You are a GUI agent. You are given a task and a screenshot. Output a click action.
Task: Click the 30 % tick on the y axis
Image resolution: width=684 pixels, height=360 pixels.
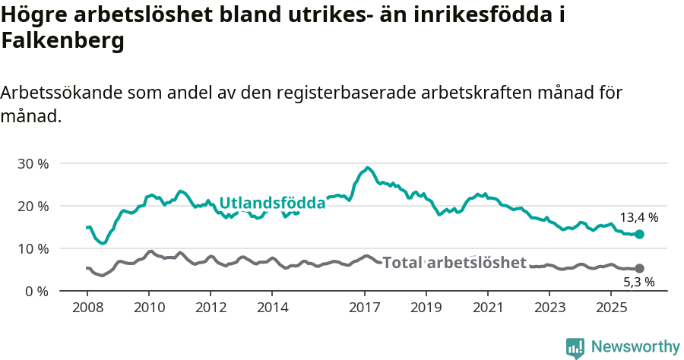click(33, 163)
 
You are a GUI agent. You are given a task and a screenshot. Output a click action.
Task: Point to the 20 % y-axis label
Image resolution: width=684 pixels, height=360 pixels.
click(33, 206)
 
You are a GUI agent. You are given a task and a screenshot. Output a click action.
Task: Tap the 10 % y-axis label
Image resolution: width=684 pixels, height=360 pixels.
click(33, 248)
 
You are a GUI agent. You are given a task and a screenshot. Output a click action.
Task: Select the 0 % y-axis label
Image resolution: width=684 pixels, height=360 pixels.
click(36, 291)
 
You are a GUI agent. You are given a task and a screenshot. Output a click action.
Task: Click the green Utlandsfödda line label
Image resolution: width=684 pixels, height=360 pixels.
click(272, 203)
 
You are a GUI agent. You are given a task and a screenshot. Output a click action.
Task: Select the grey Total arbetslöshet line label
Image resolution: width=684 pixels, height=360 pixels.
click(454, 263)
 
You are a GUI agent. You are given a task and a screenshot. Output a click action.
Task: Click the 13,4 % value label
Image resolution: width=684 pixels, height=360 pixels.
click(639, 217)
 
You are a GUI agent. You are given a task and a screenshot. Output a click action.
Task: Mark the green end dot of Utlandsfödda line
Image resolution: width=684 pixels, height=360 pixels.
click(639, 235)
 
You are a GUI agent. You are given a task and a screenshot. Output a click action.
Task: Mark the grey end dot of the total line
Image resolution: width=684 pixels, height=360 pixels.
click(639, 268)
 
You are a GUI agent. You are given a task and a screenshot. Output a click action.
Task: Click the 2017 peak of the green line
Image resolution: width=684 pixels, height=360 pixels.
click(368, 168)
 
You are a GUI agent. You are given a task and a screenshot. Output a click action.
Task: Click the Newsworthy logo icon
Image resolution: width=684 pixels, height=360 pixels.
click(575, 348)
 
